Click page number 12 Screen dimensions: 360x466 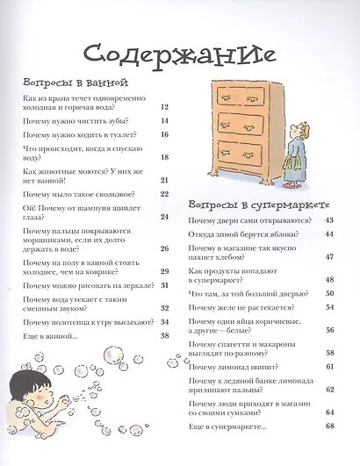pos(164,106)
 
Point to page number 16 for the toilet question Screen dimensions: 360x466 pos(164,135)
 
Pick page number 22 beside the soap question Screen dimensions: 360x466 pos(164,194)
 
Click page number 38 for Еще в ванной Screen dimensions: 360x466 pos(164,336)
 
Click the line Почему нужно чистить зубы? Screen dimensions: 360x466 pos(76,121)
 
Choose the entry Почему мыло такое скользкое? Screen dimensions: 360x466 pos(80,194)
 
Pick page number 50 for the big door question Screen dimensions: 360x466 pos(329,294)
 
